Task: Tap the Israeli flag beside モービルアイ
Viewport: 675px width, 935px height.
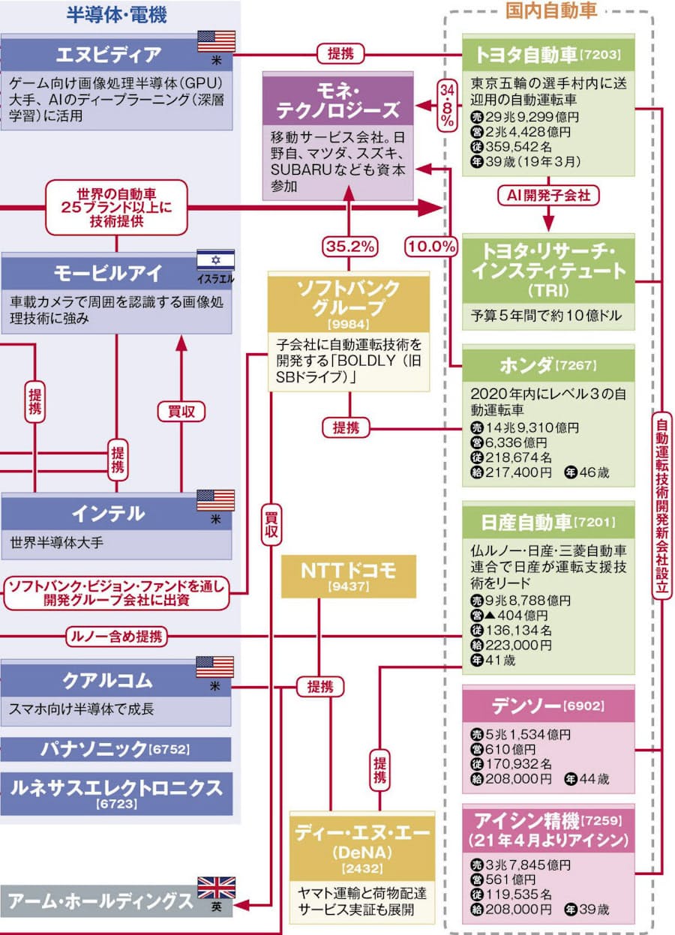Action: (x=215, y=261)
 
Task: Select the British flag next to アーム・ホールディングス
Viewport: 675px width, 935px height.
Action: (x=215, y=888)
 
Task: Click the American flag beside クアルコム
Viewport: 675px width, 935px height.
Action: (x=215, y=666)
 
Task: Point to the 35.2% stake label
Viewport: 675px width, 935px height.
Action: (x=349, y=246)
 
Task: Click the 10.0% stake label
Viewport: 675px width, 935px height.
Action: (x=431, y=246)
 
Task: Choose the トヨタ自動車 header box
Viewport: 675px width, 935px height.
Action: (x=548, y=54)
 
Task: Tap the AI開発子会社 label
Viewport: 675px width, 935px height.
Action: (x=548, y=196)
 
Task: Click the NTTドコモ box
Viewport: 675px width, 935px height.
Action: (x=348, y=577)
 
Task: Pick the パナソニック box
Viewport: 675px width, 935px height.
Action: (x=115, y=748)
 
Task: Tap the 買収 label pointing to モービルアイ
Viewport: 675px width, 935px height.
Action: (x=181, y=411)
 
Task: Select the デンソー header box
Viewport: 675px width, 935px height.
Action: (x=548, y=706)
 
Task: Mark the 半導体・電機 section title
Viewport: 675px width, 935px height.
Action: (x=116, y=13)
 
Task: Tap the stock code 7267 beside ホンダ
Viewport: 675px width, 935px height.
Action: (x=577, y=366)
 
